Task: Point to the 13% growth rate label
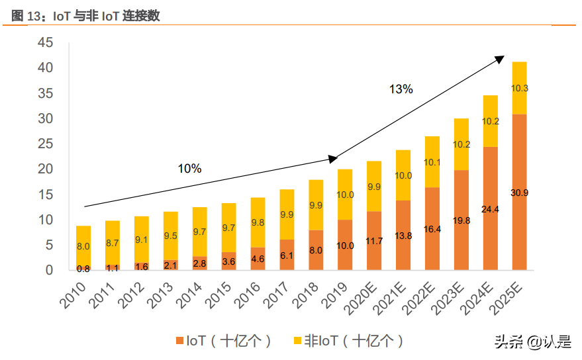pyautogui.click(x=401, y=89)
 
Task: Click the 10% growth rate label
pyautogui.click(x=189, y=169)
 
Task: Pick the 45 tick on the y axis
pyautogui.click(x=45, y=43)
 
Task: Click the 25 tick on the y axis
pyautogui.click(x=45, y=144)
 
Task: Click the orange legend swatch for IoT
pyautogui.click(x=179, y=341)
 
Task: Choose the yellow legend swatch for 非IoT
pyautogui.click(x=297, y=341)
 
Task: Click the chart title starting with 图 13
pyautogui.click(x=85, y=17)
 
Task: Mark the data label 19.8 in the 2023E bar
pyautogui.click(x=461, y=220)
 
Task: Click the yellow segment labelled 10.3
pyautogui.click(x=520, y=88)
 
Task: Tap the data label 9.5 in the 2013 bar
pyautogui.click(x=171, y=235)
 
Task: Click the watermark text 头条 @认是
pyautogui.click(x=532, y=342)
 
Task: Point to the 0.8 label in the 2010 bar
pyautogui.click(x=83, y=269)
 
